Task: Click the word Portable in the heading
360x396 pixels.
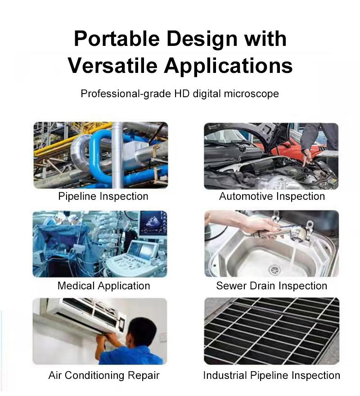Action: click(x=117, y=39)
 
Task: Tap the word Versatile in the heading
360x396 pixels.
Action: click(x=112, y=65)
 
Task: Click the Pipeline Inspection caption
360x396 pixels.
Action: click(x=103, y=197)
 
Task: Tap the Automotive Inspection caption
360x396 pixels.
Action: click(x=272, y=197)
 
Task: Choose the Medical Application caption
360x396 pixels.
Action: click(x=103, y=286)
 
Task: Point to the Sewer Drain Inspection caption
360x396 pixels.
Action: click(x=272, y=286)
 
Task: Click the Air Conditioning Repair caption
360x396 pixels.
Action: click(x=104, y=375)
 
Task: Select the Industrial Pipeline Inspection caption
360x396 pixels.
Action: click(x=272, y=375)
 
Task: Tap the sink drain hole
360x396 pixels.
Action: click(x=274, y=270)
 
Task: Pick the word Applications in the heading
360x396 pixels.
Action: click(x=228, y=65)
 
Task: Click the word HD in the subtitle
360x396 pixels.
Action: click(x=182, y=94)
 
